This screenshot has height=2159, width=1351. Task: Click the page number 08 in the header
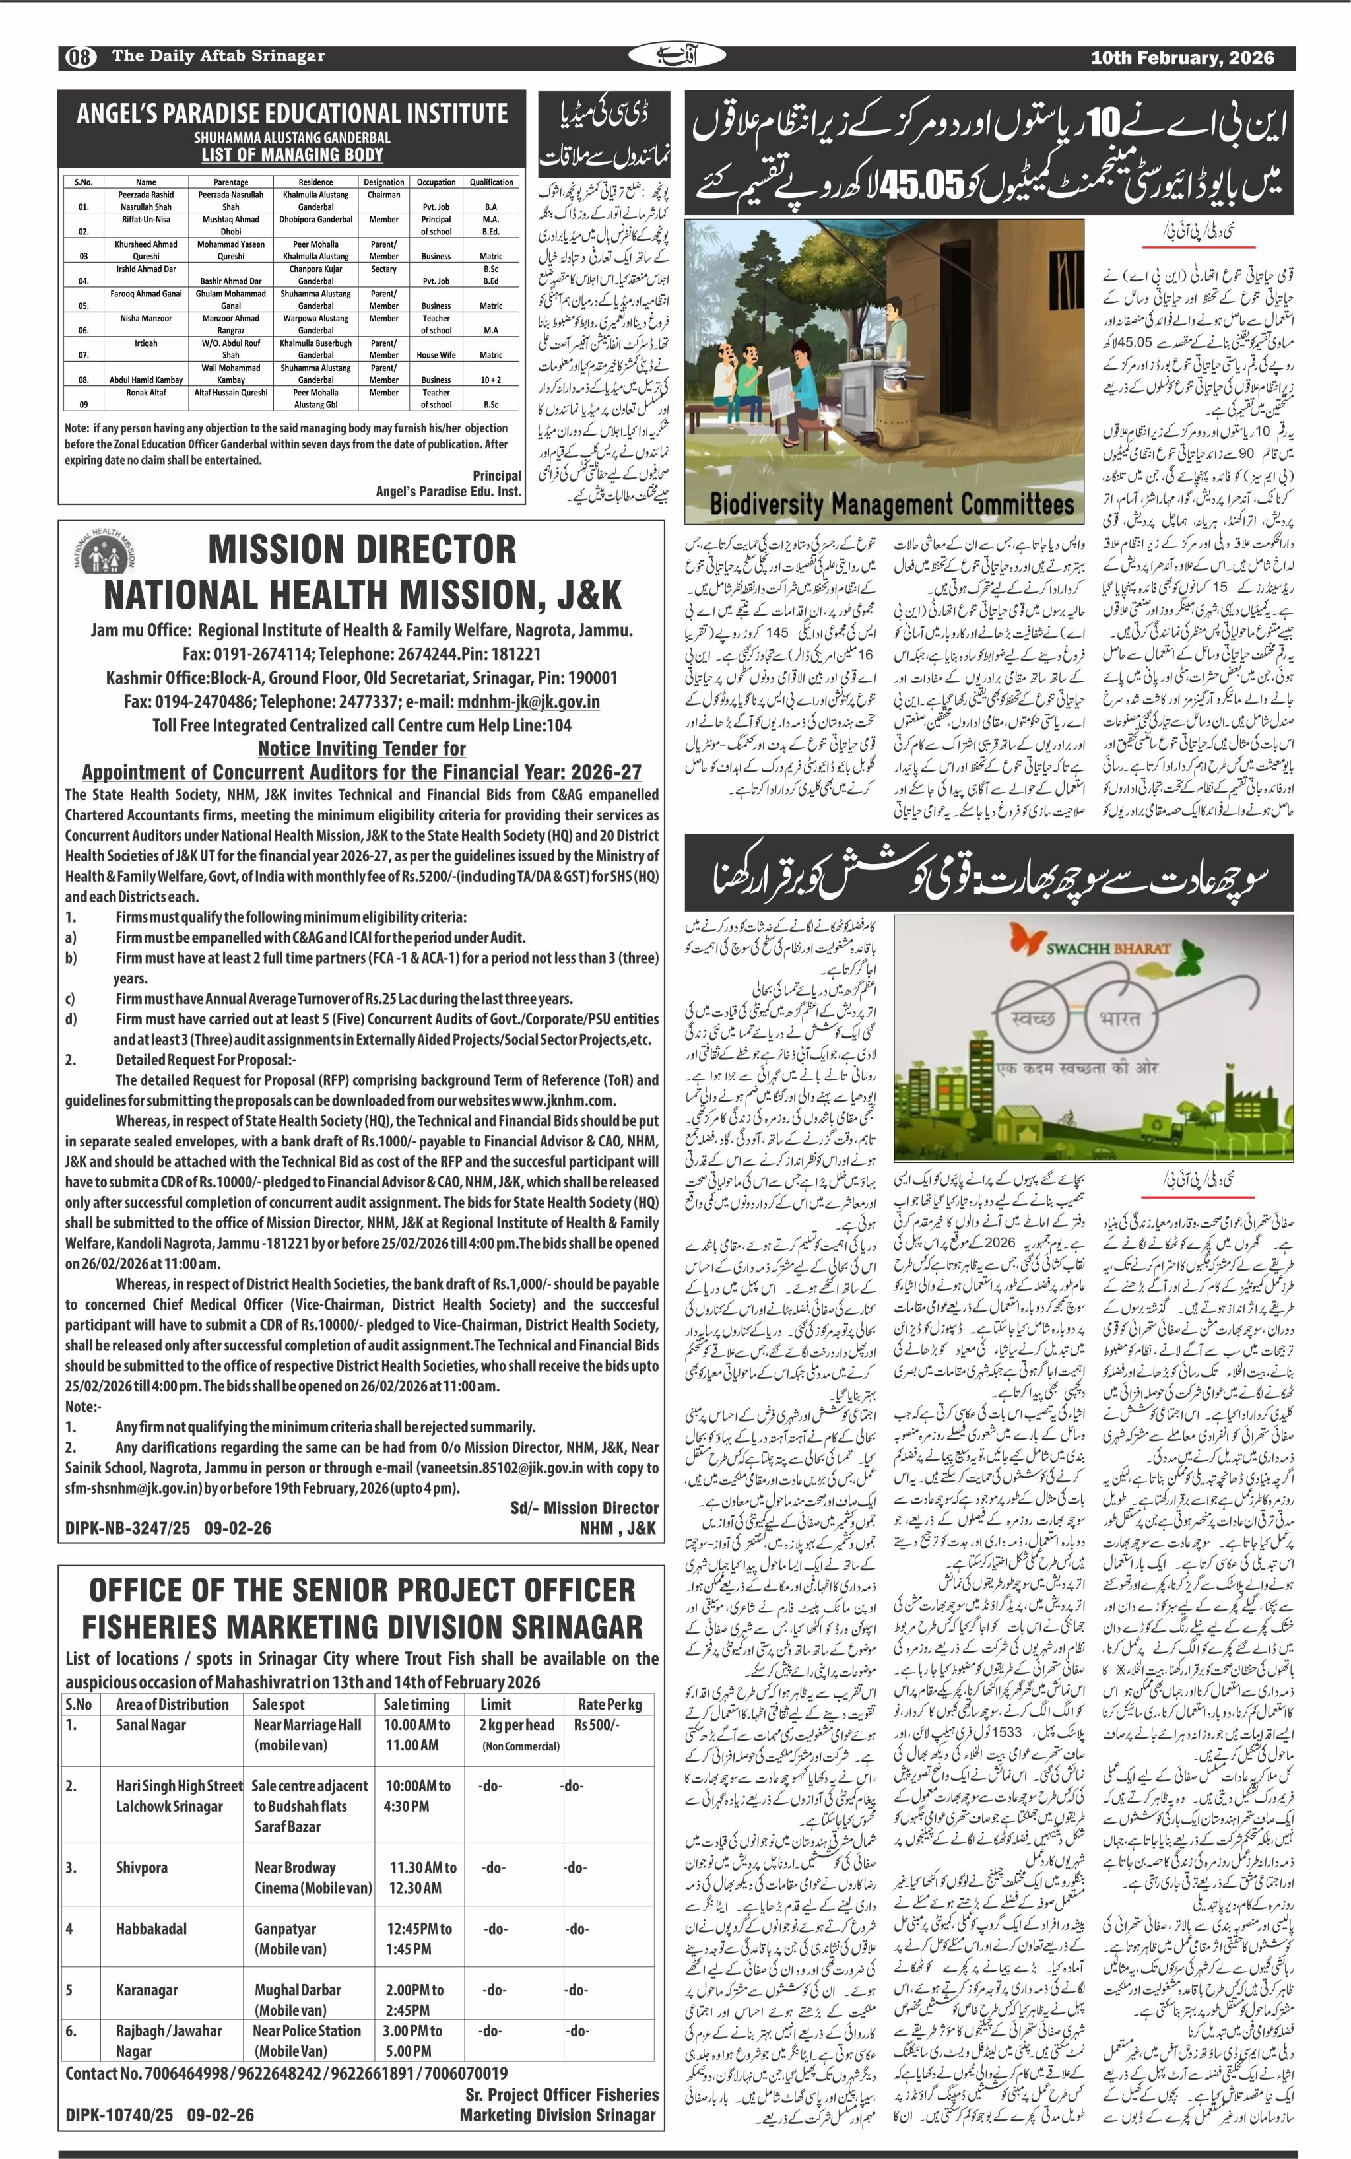pos(79,57)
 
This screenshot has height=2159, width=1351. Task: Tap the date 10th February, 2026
pos(1181,58)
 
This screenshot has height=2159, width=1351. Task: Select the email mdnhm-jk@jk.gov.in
pos(528,702)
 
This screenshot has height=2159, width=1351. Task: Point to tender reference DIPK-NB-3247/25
pos(127,1528)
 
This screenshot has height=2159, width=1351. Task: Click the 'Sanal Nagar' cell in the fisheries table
pos(151,1725)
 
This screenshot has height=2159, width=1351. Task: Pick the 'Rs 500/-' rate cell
pos(597,1725)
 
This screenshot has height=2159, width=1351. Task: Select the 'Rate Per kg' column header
pos(609,1704)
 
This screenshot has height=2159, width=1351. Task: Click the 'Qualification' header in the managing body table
pos(492,182)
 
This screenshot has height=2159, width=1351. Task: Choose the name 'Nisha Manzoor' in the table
pos(146,318)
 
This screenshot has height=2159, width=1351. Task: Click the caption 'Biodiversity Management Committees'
pos(891,505)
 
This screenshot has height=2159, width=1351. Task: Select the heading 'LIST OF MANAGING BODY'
pos(292,154)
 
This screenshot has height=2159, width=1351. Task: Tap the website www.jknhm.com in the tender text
pos(565,1100)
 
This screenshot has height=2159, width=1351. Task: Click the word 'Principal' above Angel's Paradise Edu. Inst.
pos(497,475)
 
